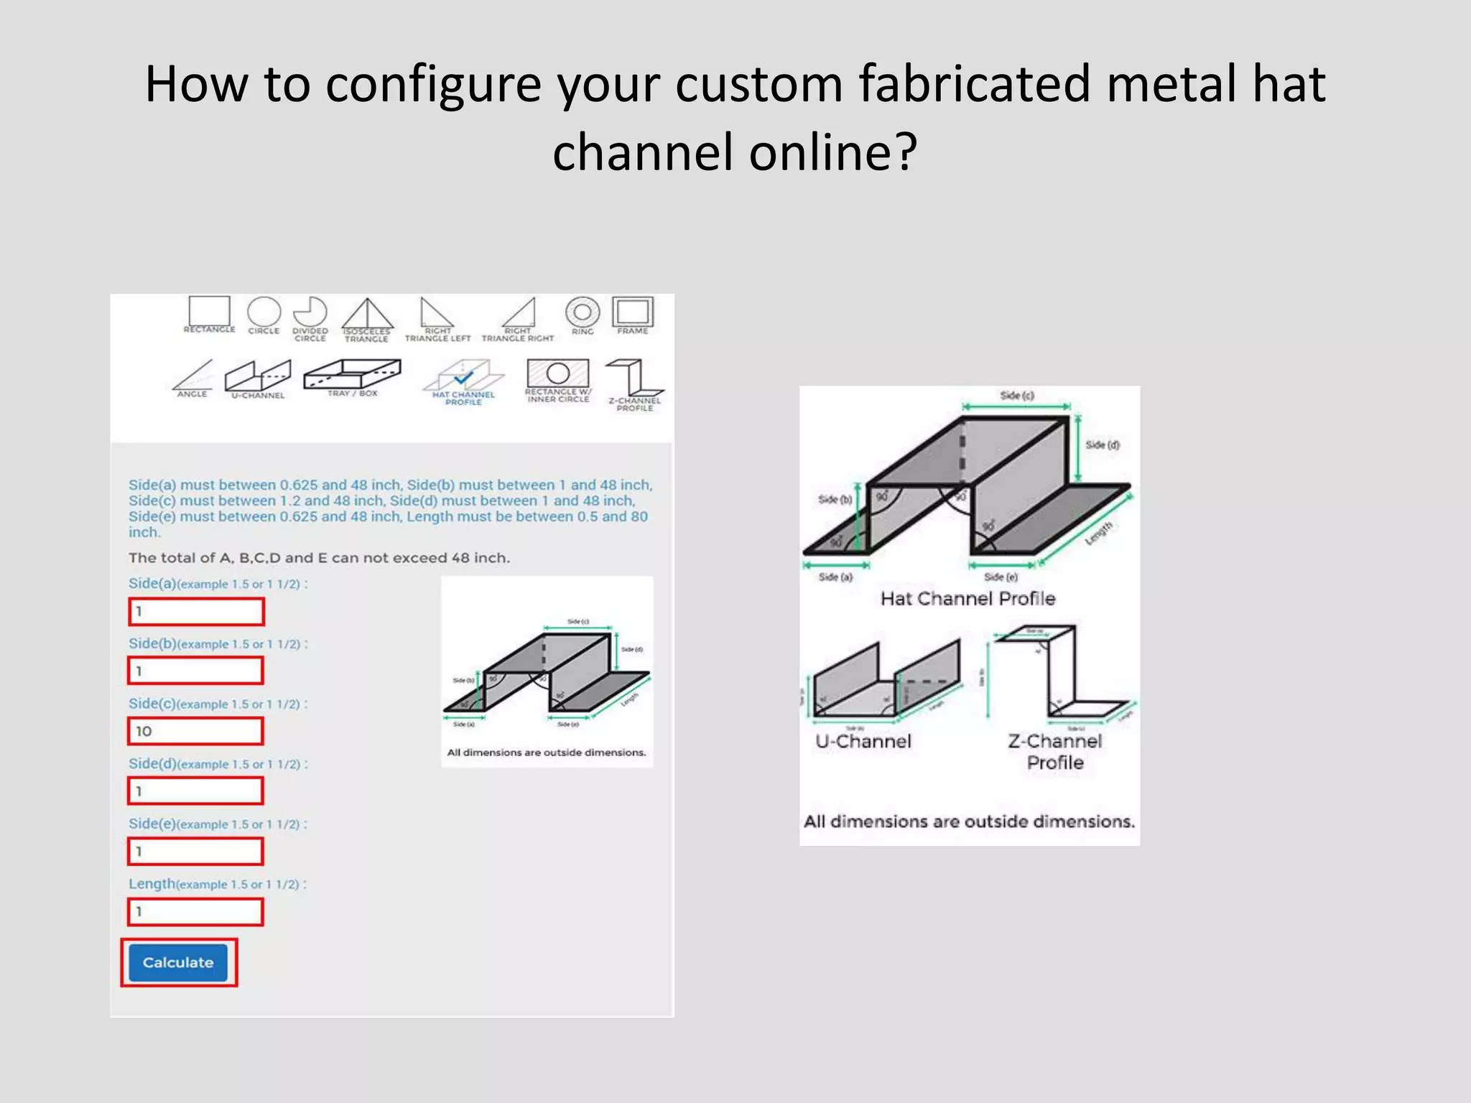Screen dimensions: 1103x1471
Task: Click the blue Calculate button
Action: pyautogui.click(x=178, y=962)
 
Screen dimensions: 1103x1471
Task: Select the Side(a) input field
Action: pyautogui.click(x=196, y=612)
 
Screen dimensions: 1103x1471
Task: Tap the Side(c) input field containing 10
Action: pyautogui.click(x=196, y=731)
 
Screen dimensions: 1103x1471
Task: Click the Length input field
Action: pyautogui.click(x=196, y=912)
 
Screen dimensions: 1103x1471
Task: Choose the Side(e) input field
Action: pyautogui.click(x=196, y=852)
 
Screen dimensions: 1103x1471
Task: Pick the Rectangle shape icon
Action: pyautogui.click(x=209, y=312)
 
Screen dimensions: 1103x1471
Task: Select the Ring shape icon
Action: pyautogui.click(x=583, y=313)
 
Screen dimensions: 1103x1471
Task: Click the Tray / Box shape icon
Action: pyautogui.click(x=352, y=375)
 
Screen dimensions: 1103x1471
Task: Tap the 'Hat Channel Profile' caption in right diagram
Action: pyautogui.click(x=967, y=599)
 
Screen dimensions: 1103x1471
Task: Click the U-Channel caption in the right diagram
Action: pyautogui.click(x=863, y=741)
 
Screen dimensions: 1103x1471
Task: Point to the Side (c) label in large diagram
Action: pyautogui.click(x=1016, y=396)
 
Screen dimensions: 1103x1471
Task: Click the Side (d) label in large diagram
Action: pyautogui.click(x=1102, y=445)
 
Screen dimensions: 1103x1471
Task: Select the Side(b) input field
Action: pyautogui.click(x=196, y=671)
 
